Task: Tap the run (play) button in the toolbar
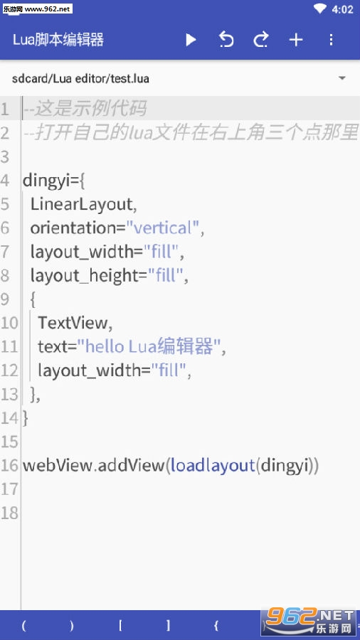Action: click(191, 40)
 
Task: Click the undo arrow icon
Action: click(226, 40)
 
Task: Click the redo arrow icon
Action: click(261, 40)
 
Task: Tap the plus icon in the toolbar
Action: click(296, 40)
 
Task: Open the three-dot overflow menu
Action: click(331, 40)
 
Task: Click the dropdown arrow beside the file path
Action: click(342, 78)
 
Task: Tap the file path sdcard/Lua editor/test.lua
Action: click(80, 78)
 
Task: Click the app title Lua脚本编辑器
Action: click(58, 40)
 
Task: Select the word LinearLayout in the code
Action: click(81, 204)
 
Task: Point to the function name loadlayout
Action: click(213, 465)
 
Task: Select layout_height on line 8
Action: click(85, 276)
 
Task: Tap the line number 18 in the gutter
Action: click(9, 513)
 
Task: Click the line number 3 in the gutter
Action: click(5, 156)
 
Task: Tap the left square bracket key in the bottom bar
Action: click(121, 625)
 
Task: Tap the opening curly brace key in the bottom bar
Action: click(216, 625)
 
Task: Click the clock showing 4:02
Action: click(342, 9)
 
